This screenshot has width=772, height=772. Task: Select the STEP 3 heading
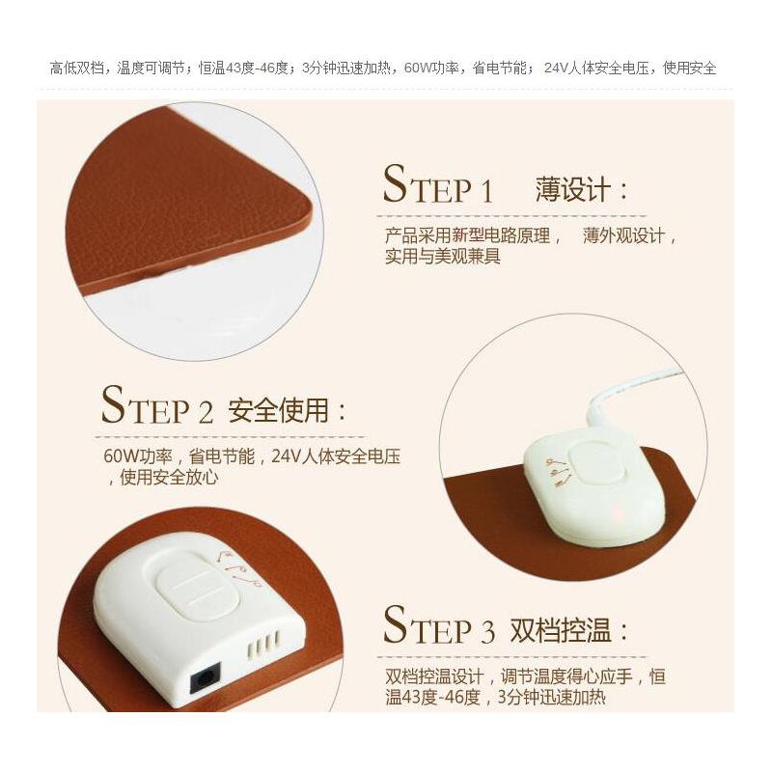439,627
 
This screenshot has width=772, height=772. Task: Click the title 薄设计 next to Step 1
581,188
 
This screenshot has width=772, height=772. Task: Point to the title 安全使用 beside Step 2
286,411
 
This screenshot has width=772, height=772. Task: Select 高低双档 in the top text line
79,69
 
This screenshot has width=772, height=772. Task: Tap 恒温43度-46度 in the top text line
246,69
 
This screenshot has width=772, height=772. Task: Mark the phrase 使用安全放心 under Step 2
169,476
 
